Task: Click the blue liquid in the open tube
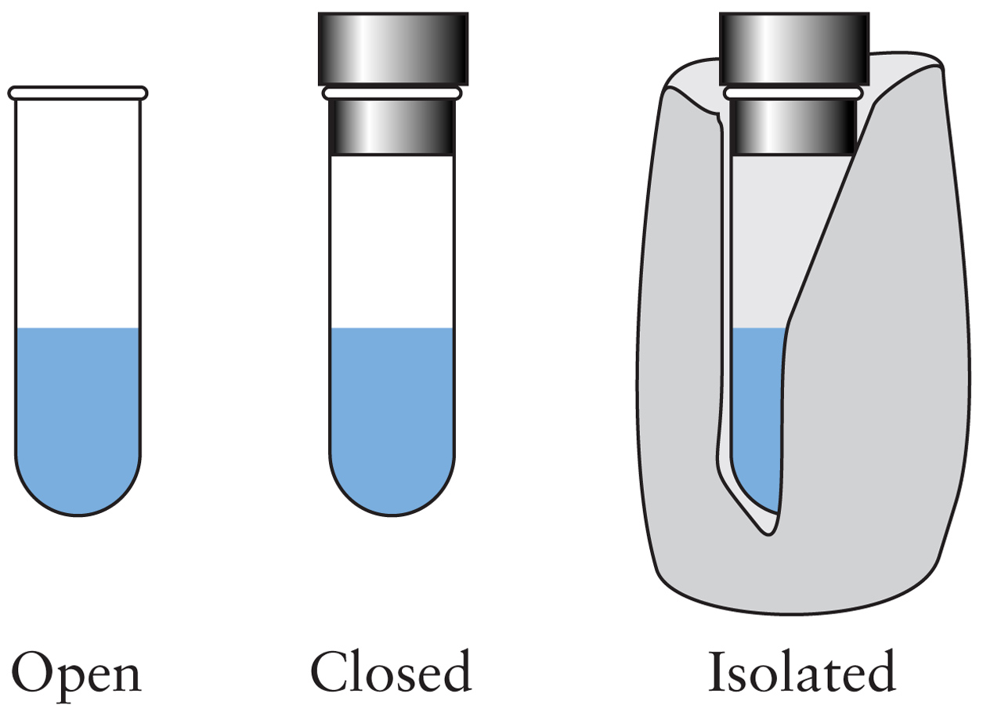click(x=78, y=407)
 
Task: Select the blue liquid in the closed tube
click(x=392, y=407)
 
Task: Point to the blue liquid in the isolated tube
click(x=756, y=407)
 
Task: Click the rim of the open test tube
click(x=78, y=93)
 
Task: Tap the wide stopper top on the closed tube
click(x=392, y=49)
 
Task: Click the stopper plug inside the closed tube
click(x=392, y=128)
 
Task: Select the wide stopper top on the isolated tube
click(x=793, y=49)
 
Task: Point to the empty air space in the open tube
click(x=78, y=211)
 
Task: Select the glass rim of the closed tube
click(x=392, y=93)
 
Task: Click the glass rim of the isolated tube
click(x=792, y=93)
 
